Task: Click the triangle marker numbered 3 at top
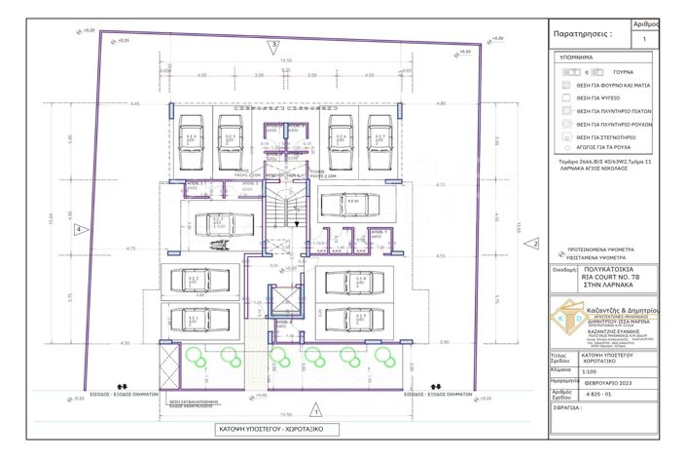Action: pos(275,46)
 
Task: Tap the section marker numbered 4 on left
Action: pos(78,229)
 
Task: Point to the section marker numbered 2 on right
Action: pos(535,244)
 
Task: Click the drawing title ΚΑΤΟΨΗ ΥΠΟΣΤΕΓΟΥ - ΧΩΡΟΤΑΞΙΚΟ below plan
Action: pos(277,429)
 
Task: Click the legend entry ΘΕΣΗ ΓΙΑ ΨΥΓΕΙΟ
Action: pos(598,98)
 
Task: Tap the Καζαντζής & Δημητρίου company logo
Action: pos(566,320)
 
